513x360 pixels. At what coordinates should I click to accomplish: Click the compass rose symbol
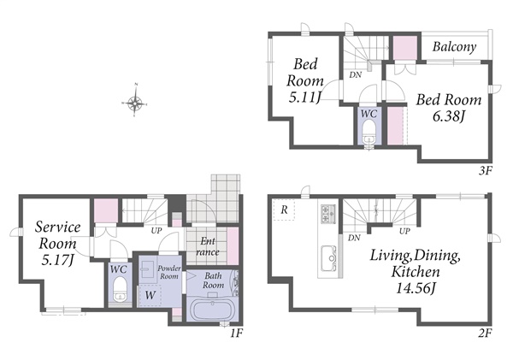click(135, 103)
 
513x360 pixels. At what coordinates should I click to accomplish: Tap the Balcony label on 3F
click(454, 47)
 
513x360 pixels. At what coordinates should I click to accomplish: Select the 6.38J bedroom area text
click(449, 115)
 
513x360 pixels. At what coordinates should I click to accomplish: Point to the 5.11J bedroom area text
click(304, 97)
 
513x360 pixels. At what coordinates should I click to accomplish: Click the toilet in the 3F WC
click(369, 132)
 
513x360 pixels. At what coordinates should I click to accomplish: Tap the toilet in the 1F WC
click(120, 289)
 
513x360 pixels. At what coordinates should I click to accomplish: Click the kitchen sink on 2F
click(329, 258)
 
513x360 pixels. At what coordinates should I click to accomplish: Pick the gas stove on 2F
click(328, 214)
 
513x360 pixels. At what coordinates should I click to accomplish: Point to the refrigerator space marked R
click(285, 210)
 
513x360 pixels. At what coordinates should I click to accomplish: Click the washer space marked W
click(150, 295)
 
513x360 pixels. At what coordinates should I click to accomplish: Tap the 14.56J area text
click(416, 289)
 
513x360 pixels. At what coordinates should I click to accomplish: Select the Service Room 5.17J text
click(58, 243)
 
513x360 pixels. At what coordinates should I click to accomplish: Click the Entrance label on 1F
click(208, 246)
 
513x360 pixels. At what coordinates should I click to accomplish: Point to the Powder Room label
click(169, 272)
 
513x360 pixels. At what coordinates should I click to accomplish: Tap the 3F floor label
click(486, 170)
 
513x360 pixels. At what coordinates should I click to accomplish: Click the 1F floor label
click(236, 333)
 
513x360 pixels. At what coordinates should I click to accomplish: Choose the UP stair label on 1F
click(156, 231)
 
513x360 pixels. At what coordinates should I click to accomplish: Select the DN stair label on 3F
click(356, 75)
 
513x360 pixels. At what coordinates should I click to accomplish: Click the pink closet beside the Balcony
click(405, 48)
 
